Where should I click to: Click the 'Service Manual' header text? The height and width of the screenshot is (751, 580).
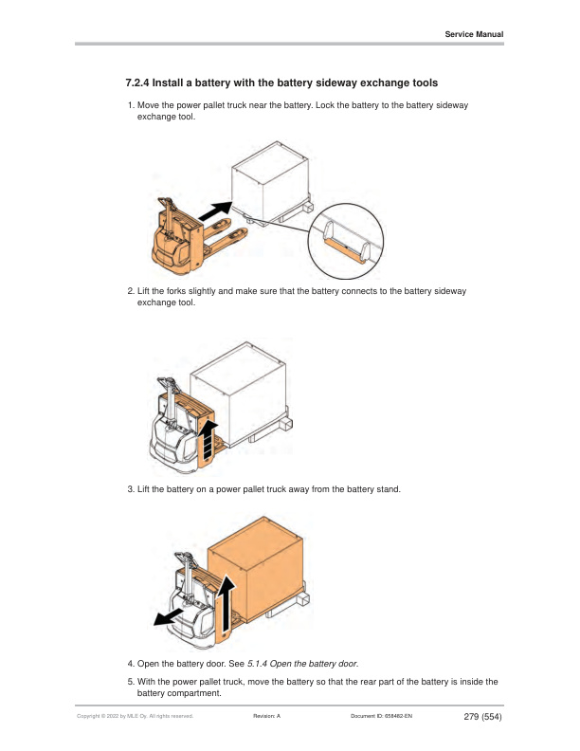[x=474, y=34]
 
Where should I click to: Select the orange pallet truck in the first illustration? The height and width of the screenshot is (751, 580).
[x=177, y=236]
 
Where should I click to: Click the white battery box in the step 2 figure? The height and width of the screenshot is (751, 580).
[x=238, y=382]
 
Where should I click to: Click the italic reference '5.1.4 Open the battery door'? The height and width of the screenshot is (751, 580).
[x=302, y=664]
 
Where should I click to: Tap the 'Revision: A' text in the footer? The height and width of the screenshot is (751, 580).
[x=267, y=717]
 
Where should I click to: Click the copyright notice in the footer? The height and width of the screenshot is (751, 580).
[x=135, y=717]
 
